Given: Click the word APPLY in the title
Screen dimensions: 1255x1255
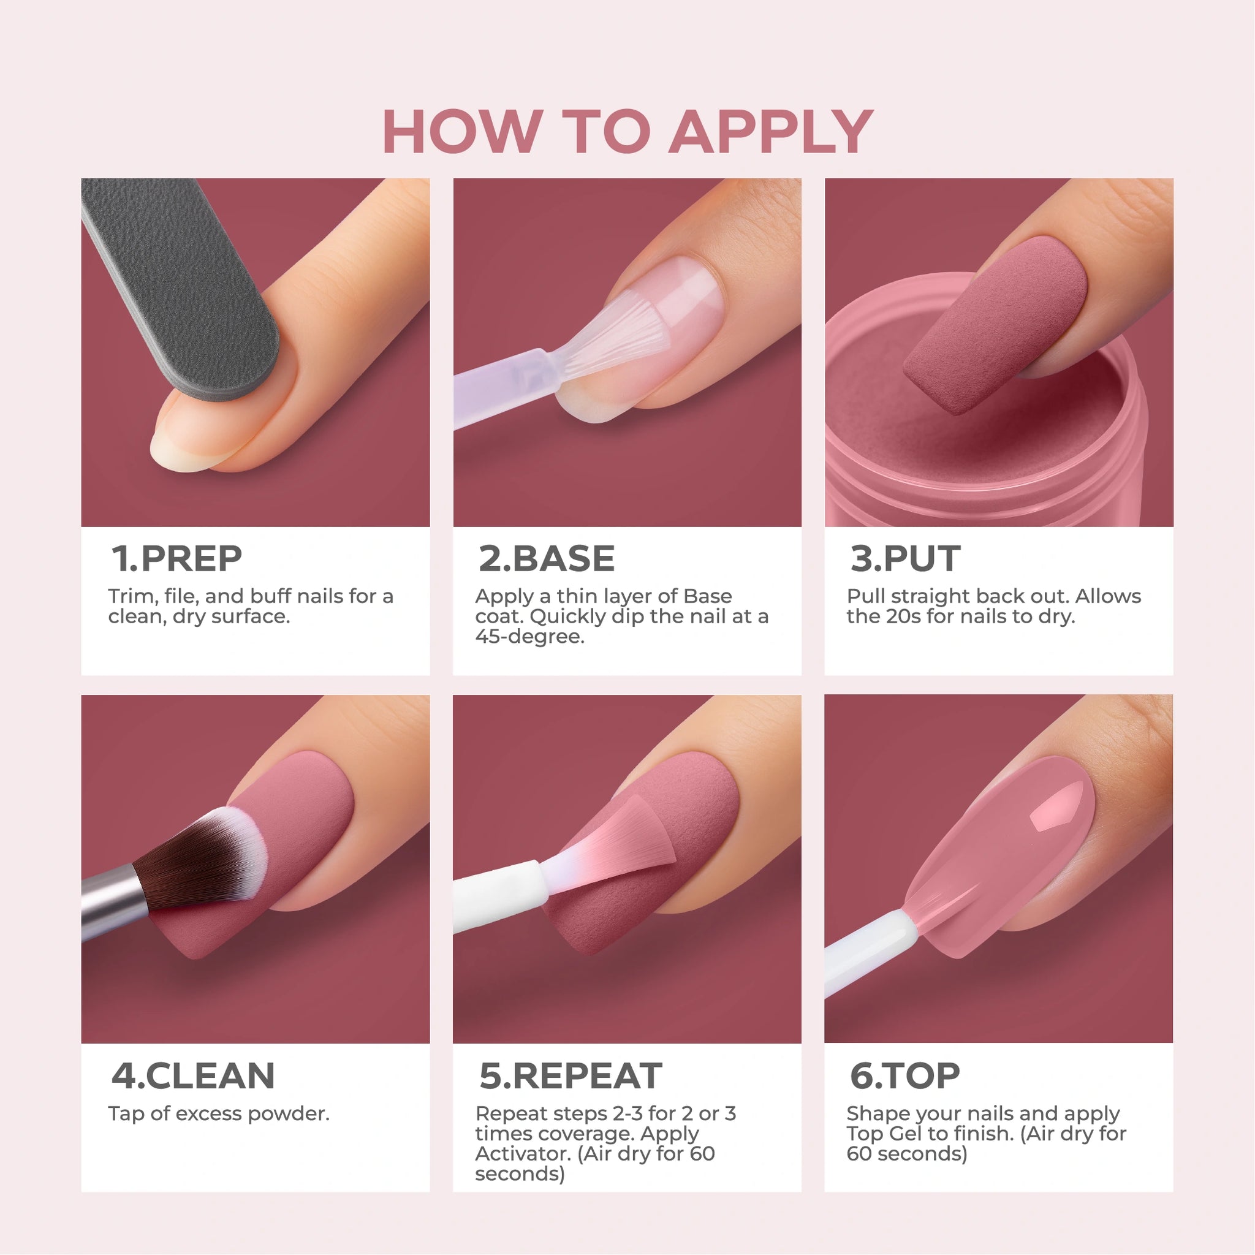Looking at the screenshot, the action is click(x=771, y=132).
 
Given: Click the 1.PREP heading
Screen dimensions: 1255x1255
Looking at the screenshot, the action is click(x=176, y=559).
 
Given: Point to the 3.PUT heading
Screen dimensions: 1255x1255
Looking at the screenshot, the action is click(x=905, y=559).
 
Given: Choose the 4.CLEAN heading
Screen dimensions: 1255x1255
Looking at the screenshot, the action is click(x=193, y=1075).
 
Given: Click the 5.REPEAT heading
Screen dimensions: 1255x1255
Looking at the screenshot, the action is click(x=571, y=1075).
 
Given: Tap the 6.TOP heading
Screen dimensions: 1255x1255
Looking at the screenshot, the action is click(x=905, y=1075).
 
